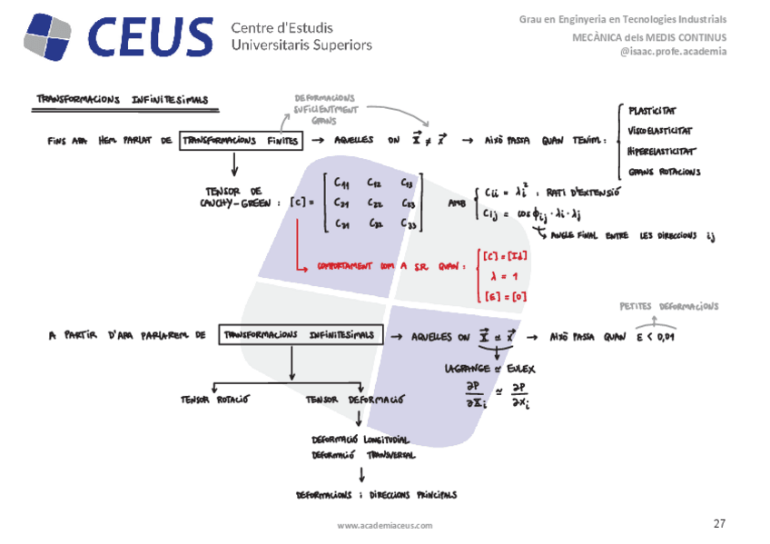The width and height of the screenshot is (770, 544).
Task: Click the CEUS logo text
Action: (x=150, y=36)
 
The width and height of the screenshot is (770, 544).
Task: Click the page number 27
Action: (x=719, y=524)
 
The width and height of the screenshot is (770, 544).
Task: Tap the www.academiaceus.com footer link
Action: (x=385, y=525)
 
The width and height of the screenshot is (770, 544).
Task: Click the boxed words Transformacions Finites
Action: (x=240, y=141)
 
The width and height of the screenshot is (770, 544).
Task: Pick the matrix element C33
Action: (x=410, y=226)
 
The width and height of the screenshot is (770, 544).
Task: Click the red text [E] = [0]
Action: (x=505, y=295)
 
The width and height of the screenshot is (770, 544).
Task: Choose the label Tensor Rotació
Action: (x=215, y=400)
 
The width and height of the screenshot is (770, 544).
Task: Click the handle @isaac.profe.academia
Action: (x=673, y=52)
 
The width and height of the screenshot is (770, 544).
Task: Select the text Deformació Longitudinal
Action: (x=362, y=438)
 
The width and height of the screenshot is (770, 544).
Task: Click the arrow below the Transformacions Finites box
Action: (x=235, y=164)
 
